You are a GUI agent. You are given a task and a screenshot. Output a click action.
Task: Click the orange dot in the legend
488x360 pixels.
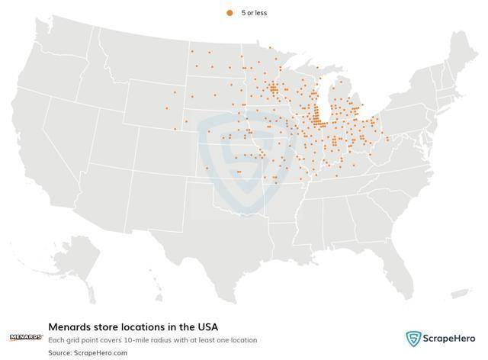tap(229, 13)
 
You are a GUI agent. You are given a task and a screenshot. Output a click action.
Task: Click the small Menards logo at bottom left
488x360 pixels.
tap(25, 336)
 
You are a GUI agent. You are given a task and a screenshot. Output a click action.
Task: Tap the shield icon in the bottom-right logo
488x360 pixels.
tap(413, 338)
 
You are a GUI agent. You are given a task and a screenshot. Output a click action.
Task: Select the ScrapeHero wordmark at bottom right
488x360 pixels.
tap(451, 338)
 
